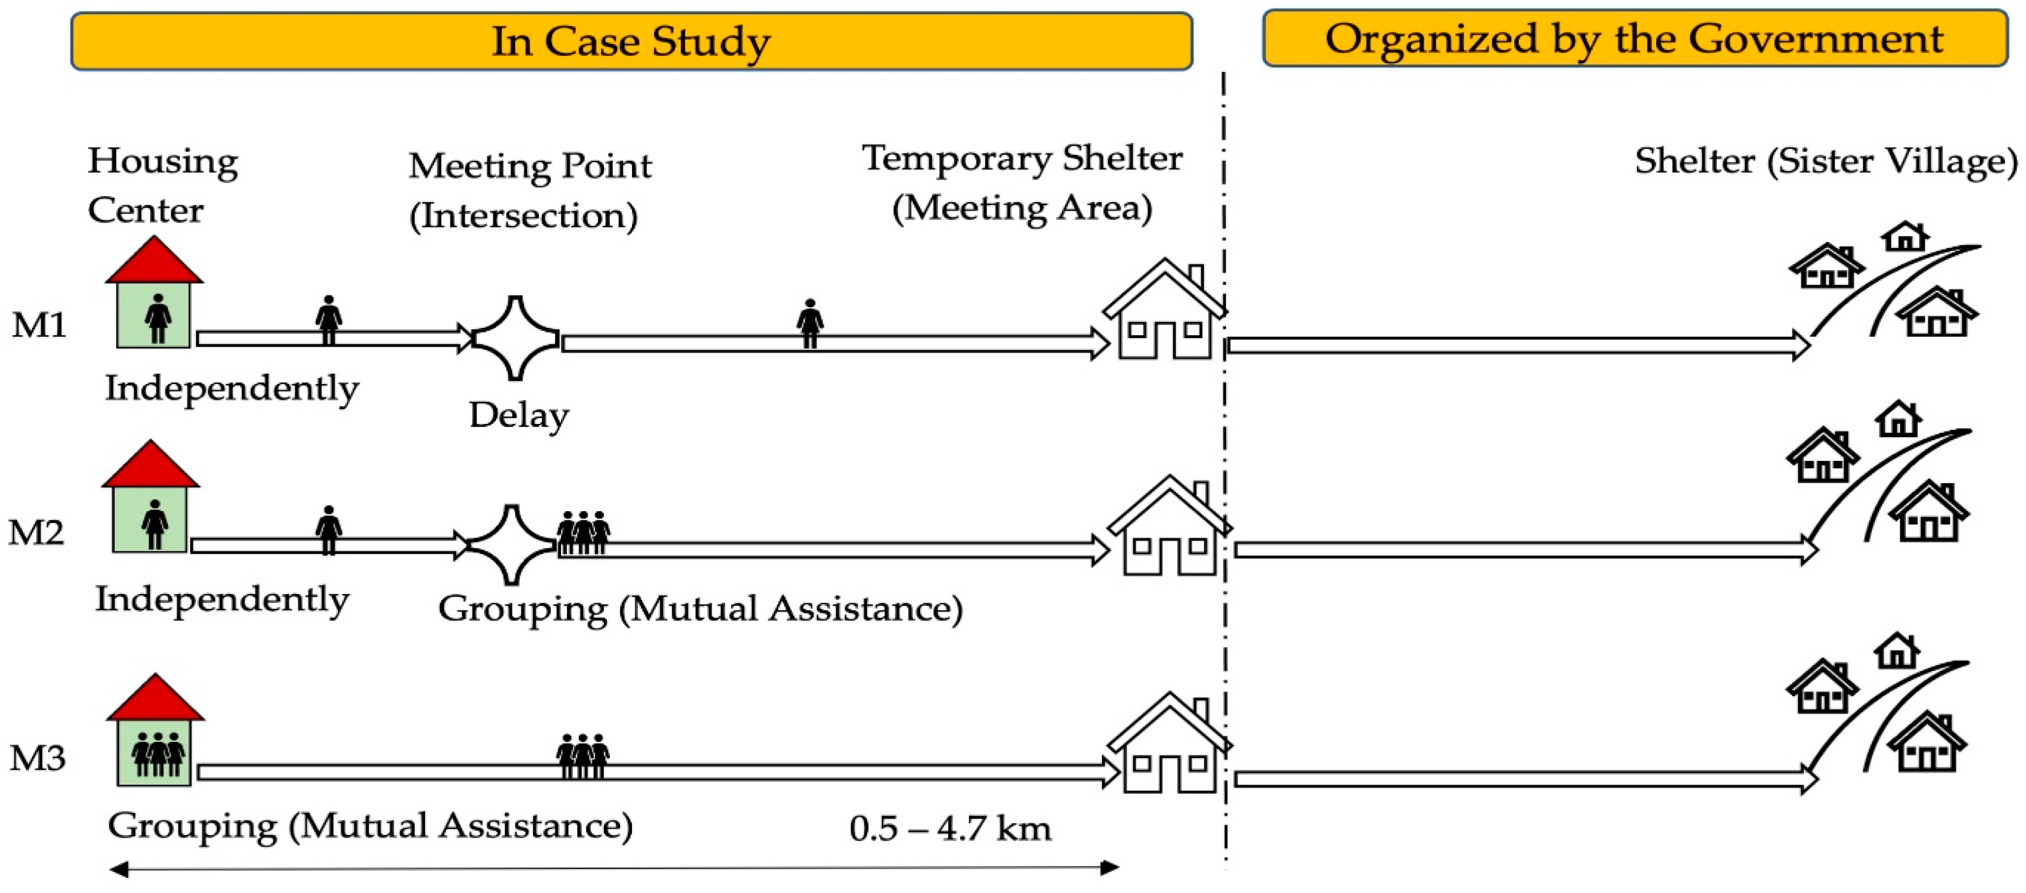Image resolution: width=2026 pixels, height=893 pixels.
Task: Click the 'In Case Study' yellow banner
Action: click(631, 41)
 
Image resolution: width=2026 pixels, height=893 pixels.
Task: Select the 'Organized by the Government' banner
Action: click(1634, 38)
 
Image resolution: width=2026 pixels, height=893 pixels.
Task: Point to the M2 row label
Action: click(36, 533)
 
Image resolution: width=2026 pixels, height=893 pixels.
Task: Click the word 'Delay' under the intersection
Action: click(519, 415)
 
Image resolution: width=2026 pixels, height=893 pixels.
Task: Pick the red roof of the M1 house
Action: click(154, 262)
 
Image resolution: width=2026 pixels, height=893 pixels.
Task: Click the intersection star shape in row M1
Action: click(515, 338)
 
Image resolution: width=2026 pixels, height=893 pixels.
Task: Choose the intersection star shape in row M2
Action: click(512, 544)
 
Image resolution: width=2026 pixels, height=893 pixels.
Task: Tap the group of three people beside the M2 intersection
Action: click(583, 533)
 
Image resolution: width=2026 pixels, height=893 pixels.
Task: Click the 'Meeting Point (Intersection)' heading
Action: click(529, 191)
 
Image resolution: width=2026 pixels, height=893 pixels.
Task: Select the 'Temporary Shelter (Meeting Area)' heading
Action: click(1022, 182)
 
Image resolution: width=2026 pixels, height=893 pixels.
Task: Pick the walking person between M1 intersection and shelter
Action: click(809, 323)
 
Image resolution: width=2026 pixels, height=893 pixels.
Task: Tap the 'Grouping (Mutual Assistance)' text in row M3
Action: click(370, 825)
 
